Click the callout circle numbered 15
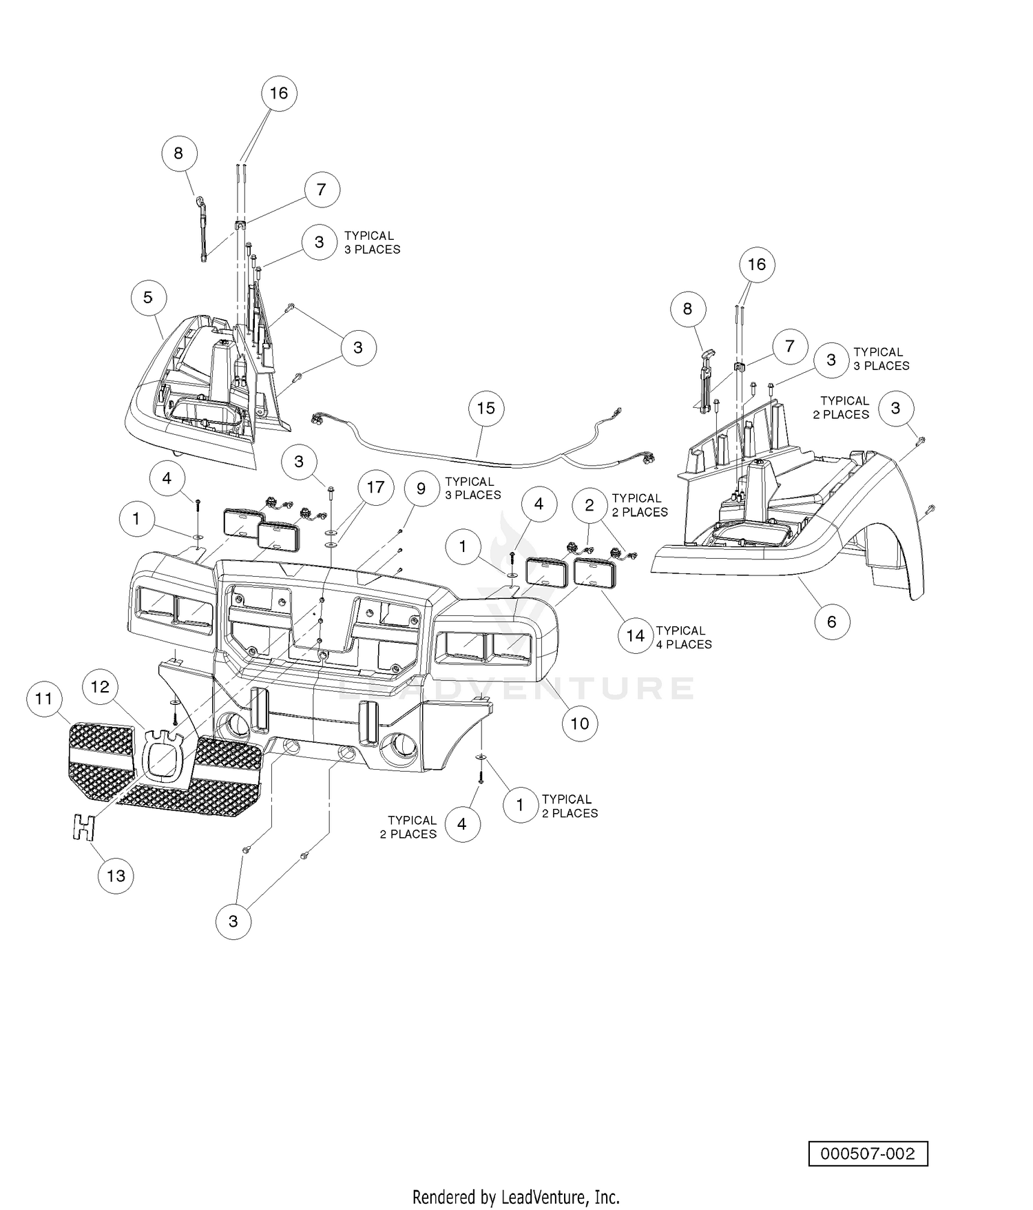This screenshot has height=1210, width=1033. click(x=486, y=408)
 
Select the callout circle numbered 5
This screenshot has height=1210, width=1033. click(x=147, y=297)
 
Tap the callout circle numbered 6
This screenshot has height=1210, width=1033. click(x=831, y=622)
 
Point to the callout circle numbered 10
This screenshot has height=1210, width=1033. click(x=579, y=723)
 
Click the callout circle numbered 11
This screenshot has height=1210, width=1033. click(x=44, y=699)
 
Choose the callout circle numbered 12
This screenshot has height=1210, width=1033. click(x=101, y=686)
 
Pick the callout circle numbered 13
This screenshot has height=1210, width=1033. click(x=116, y=875)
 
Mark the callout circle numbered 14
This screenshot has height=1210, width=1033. click(x=635, y=636)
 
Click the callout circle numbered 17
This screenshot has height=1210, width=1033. click(x=375, y=488)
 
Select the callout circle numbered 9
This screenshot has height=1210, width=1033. click(x=421, y=489)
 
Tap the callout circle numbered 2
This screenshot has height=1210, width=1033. click(x=589, y=505)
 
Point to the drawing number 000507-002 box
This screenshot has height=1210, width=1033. click(x=868, y=1153)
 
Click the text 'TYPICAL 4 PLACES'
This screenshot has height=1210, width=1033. click(x=684, y=637)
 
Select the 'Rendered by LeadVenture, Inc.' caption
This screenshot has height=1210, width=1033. click(x=516, y=1196)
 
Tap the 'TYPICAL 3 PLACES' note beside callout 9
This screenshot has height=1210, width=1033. click(x=473, y=489)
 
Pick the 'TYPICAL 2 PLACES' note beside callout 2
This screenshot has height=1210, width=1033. click(x=640, y=505)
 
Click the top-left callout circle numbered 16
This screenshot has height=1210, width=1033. click(x=278, y=93)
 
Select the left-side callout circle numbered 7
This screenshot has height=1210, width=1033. click(x=321, y=189)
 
